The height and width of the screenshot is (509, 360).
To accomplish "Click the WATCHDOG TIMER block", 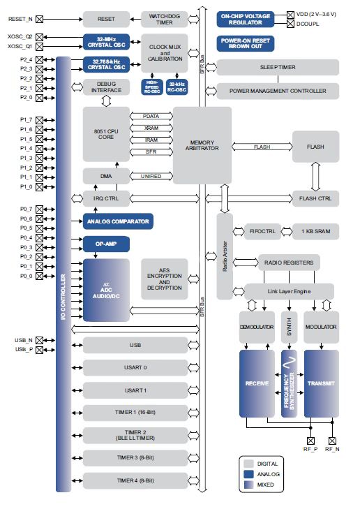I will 165,19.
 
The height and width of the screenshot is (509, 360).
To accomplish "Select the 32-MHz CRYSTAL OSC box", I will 106,40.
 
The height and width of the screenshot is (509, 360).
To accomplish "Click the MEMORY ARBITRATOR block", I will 202,145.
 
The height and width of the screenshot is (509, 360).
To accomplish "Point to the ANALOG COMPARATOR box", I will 117,223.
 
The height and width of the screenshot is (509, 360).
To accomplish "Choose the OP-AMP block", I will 106,245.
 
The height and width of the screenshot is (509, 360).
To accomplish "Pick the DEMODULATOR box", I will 257,326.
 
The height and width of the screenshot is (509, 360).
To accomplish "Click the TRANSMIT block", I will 321,383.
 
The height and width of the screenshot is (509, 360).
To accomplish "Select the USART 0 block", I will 135,367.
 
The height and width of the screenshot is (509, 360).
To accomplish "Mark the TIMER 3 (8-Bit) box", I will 135,457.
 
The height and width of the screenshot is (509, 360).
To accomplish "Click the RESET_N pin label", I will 20,19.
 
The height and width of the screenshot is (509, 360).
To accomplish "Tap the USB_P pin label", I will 24,350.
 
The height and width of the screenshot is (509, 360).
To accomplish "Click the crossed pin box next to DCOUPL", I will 290,24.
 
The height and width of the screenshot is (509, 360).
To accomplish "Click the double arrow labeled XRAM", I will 150,128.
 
